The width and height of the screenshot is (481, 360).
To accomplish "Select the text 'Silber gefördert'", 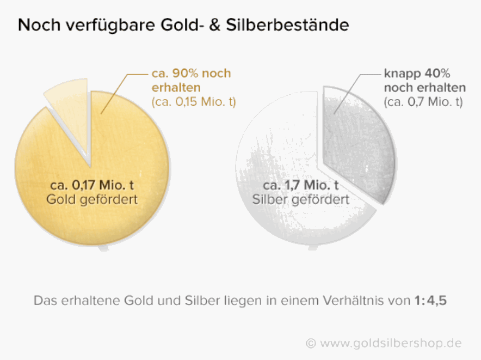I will (301, 199).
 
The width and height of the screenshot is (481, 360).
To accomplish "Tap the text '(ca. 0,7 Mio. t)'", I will (423, 102).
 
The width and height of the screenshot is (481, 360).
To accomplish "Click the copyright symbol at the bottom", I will (311, 343).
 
